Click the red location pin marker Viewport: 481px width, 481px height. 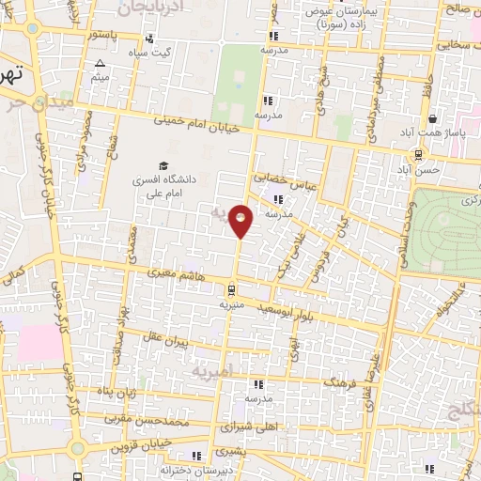coord(241,220)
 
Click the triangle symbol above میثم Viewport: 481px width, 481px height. coord(100,63)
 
